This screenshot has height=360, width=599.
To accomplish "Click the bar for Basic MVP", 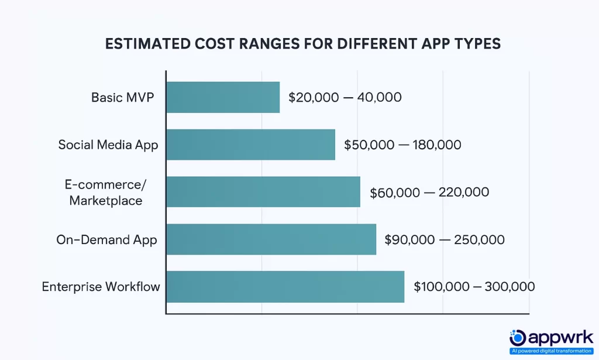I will click(x=223, y=97).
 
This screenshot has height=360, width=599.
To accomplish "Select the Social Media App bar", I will click(x=250, y=145).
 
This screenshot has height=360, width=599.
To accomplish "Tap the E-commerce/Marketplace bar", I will click(x=263, y=192).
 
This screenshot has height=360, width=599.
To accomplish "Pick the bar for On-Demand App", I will click(x=271, y=239).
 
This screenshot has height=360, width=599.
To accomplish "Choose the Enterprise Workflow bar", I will click(x=285, y=287).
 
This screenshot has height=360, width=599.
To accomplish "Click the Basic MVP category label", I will click(x=123, y=97).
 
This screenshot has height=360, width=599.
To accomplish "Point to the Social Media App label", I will click(x=108, y=145).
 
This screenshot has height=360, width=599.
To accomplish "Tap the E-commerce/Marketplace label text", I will click(x=105, y=192).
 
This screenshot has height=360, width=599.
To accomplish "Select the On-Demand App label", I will click(x=106, y=239).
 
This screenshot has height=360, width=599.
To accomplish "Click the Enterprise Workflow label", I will click(x=101, y=287).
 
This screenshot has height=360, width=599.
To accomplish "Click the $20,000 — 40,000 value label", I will click(x=345, y=97).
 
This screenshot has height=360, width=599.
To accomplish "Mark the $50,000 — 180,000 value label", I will click(x=402, y=145).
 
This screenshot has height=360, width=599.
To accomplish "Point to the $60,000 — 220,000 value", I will click(x=429, y=192).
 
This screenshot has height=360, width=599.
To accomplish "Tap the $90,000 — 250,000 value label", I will click(x=445, y=239).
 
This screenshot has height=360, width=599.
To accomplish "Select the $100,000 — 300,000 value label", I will click(x=474, y=287).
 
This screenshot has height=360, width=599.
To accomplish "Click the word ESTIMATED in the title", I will click(x=143, y=44).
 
